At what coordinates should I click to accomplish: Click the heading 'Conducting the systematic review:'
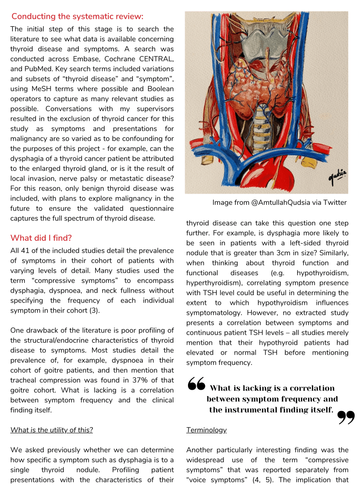77,17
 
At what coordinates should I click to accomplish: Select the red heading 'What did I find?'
42,238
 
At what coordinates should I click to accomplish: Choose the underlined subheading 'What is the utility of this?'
51,430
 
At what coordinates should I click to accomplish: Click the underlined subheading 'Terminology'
206,430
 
